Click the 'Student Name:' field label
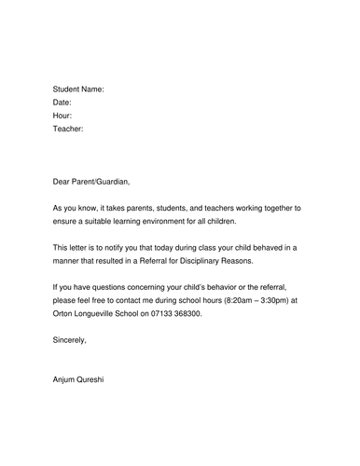(x=78, y=88)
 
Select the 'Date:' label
(x=62, y=102)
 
